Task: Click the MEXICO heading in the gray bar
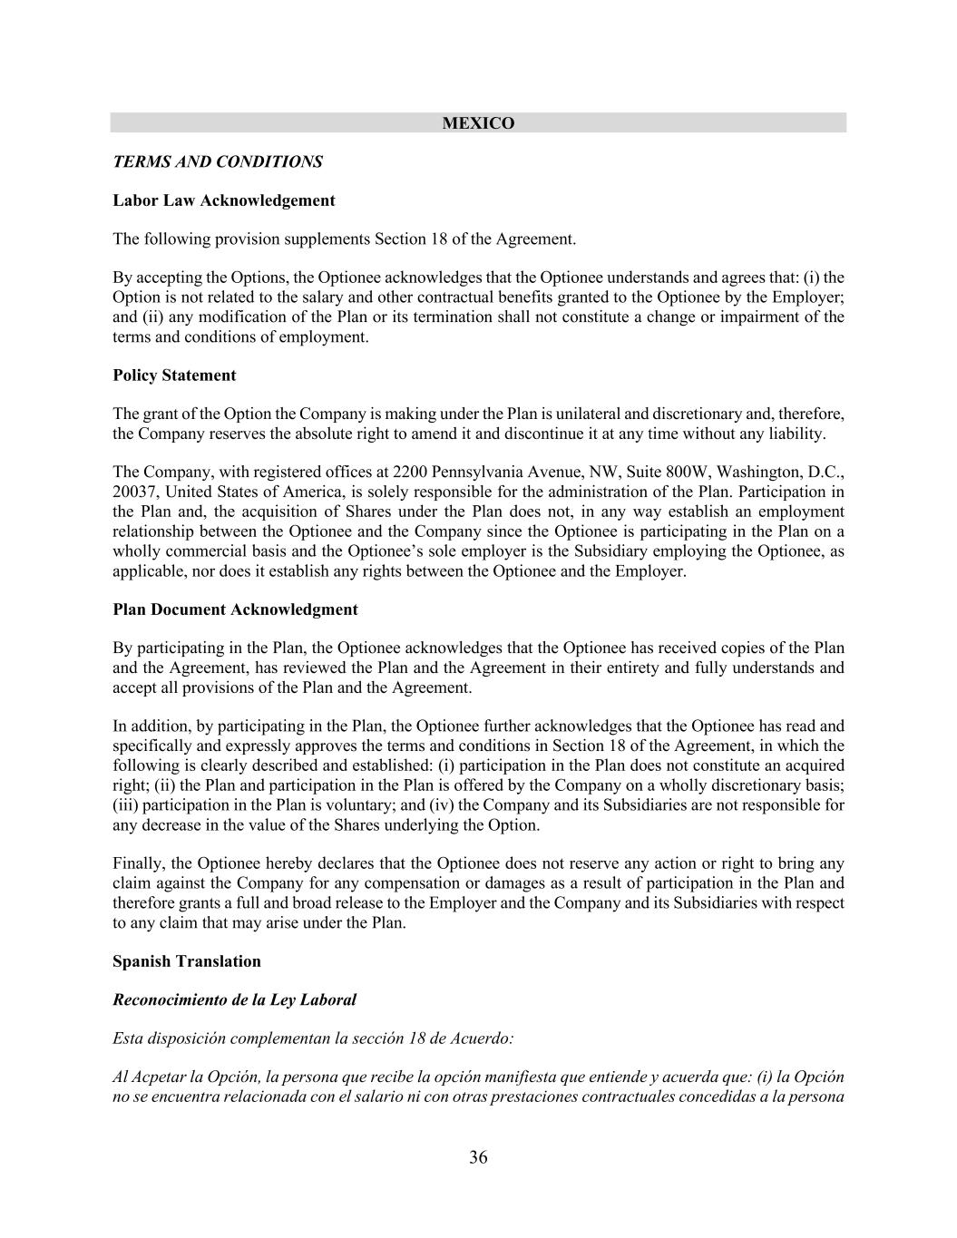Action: (478, 123)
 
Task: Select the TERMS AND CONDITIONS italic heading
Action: (218, 162)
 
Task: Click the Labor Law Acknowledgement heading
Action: (224, 200)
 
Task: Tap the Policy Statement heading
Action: (174, 375)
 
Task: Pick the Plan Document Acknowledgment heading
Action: (235, 609)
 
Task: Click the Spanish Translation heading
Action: (187, 961)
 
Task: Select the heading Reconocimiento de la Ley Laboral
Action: (234, 999)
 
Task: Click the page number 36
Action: (478, 1157)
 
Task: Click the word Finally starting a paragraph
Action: (135, 863)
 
